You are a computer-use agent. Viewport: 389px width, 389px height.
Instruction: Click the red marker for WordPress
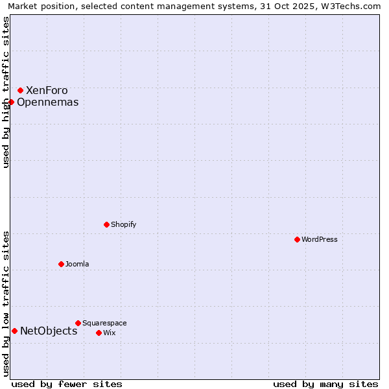coord(297,239)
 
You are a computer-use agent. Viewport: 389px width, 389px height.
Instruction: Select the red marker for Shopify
coord(106,224)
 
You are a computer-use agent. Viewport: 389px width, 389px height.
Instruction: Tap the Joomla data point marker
coord(61,264)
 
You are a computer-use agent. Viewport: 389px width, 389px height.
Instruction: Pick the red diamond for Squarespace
coord(78,323)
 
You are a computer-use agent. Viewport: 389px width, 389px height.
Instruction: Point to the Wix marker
coord(99,333)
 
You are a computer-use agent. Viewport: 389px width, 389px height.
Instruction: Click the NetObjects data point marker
coord(14,331)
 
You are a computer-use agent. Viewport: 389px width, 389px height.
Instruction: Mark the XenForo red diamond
coord(20,90)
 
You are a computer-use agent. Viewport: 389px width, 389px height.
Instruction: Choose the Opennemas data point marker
coord(11,102)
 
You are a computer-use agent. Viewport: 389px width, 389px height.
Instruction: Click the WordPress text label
coord(320,239)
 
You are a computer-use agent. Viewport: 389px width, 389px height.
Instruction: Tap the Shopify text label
coord(123,224)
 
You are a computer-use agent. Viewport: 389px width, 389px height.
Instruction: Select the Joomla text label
coord(77,264)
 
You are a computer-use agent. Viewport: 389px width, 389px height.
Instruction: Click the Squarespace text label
coord(104,323)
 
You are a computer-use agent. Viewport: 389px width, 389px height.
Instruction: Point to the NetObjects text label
coord(49,331)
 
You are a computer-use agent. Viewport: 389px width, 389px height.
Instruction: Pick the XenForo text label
coord(47,90)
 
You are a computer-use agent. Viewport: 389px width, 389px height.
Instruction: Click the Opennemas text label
coord(48,102)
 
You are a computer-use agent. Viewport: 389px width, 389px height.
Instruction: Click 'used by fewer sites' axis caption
coord(67,384)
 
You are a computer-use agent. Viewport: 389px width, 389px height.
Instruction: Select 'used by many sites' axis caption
coord(325,384)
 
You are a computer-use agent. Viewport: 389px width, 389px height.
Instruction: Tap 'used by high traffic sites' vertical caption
coord(6,92)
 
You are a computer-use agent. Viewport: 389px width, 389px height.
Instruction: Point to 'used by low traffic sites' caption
coord(6,303)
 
